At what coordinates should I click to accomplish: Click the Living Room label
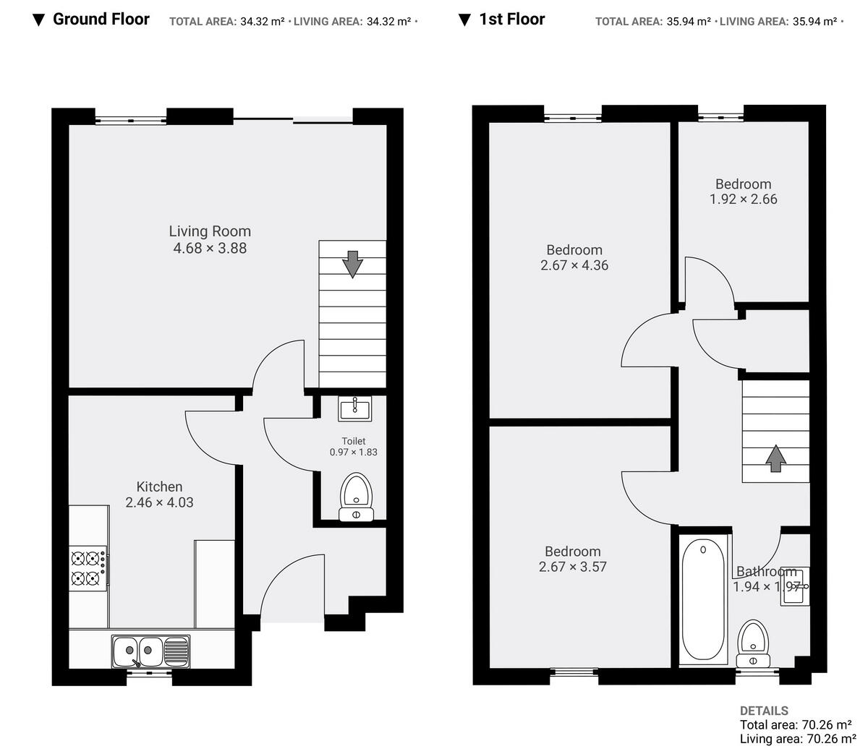210,231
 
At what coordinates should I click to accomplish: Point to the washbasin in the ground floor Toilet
354,408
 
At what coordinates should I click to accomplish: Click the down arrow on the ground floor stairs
352,264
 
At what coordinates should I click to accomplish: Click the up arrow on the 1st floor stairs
775,458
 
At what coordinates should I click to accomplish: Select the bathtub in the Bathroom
703,600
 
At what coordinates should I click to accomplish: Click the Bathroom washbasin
794,586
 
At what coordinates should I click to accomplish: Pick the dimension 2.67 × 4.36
574,265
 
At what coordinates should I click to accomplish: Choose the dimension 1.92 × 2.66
743,200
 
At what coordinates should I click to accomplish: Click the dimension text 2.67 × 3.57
572,567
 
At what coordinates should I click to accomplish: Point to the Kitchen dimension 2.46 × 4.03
159,502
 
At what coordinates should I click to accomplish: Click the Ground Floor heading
101,20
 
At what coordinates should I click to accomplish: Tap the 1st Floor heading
511,20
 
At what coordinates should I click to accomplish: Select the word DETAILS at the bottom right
764,711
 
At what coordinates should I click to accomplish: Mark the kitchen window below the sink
150,673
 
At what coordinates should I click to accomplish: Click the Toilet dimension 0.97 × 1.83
353,453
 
